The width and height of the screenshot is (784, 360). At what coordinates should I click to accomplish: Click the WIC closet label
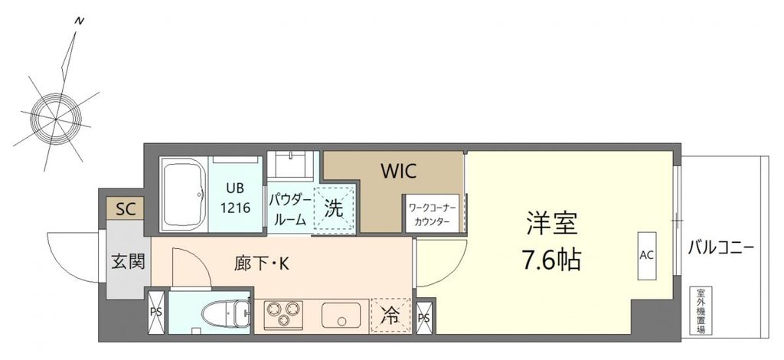point(399,170)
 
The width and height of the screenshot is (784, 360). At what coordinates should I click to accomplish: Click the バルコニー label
point(721,249)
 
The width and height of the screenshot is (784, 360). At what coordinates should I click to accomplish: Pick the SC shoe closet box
point(125,208)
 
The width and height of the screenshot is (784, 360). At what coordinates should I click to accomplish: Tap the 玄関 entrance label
point(124,261)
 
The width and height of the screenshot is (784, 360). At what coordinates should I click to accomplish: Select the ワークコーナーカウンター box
point(434,214)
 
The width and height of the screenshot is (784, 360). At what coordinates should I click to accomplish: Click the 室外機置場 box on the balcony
point(700,310)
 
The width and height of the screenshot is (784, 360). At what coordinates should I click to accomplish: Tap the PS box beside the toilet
point(155,313)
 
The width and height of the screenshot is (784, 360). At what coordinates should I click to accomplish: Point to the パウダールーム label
point(289,209)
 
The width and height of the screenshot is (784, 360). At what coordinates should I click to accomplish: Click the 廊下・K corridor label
point(261,264)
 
